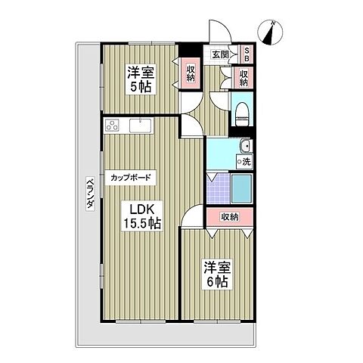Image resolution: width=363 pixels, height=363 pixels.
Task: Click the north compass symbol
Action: click(x=272, y=32)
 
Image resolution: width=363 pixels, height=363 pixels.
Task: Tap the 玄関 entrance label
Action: click(x=221, y=54)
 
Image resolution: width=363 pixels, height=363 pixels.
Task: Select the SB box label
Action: click(x=247, y=54)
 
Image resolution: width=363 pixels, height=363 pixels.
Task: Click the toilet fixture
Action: click(x=243, y=114)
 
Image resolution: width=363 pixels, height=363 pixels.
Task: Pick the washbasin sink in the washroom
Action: click(x=244, y=147)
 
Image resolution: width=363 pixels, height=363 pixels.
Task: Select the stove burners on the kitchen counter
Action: click(x=111, y=125)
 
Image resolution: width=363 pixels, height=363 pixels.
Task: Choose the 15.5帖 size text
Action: click(x=142, y=223)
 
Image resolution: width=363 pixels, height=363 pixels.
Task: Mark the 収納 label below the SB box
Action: click(x=244, y=78)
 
